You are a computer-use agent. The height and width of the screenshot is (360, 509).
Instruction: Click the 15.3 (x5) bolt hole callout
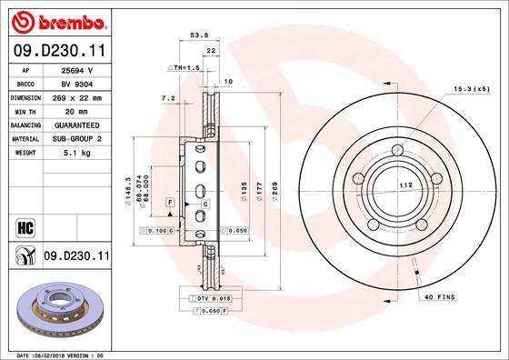click(x=472, y=89)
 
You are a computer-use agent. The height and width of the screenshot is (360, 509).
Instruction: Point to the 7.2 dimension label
click(x=167, y=97)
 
